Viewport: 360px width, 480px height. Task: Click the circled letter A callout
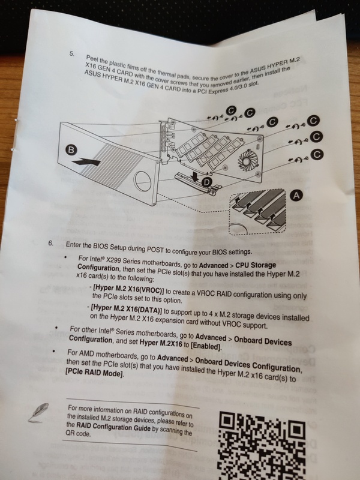coord(296,196)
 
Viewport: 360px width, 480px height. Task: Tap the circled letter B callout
coord(71,149)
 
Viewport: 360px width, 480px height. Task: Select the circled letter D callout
coord(207,182)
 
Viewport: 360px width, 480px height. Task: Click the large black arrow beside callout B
coord(88,161)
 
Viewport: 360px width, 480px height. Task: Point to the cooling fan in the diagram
coord(247,160)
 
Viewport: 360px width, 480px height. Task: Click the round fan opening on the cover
coord(143,181)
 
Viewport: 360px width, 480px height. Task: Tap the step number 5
coord(72,54)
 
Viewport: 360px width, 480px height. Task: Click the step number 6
coord(51,244)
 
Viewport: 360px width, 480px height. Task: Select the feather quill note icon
coord(39,412)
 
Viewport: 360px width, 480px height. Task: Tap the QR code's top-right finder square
coord(296,430)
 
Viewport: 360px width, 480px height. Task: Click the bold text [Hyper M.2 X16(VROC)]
coord(128,290)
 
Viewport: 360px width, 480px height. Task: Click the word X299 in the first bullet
coord(113,260)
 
